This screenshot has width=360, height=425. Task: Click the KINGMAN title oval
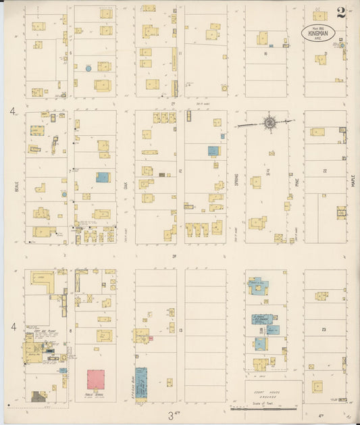317,32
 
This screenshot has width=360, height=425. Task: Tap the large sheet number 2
341,13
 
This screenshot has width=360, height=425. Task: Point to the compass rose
269,123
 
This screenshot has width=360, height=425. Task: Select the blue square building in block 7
103,177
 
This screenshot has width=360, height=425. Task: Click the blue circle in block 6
88,68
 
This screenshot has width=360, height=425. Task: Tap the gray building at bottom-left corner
38,397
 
